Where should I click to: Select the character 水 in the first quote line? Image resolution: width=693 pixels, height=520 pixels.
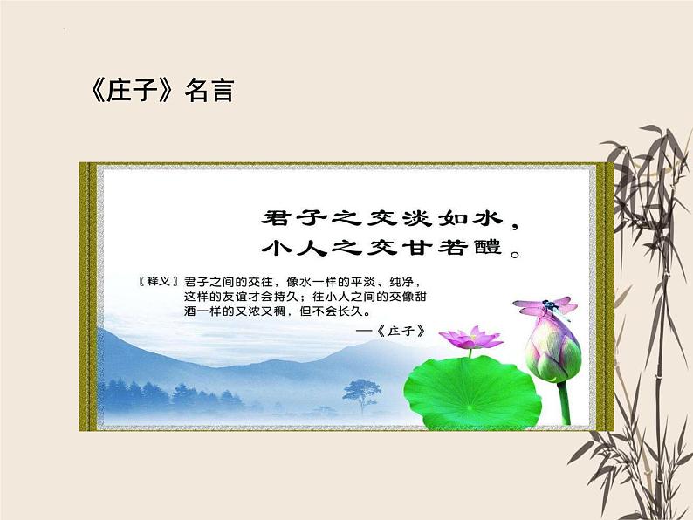(490, 215)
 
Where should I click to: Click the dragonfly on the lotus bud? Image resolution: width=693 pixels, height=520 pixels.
(545, 306)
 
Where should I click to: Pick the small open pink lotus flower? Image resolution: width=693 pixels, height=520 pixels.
(470, 337)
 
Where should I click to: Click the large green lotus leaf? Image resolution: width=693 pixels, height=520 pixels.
(471, 387)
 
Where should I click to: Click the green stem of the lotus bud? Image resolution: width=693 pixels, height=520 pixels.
(565, 401)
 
